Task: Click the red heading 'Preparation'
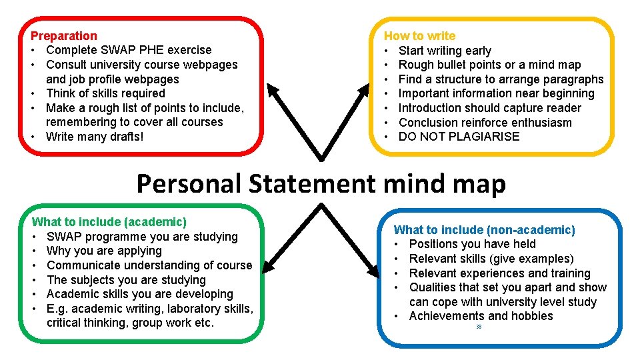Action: point(64,36)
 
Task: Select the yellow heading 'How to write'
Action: point(419,36)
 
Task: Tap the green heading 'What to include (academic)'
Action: point(109,222)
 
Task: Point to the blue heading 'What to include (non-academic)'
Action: point(484,230)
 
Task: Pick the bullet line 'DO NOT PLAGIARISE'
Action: point(459,137)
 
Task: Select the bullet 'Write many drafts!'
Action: point(95,137)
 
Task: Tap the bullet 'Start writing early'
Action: point(445,51)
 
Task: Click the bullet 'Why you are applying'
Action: point(104,251)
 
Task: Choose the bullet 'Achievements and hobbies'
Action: point(481,316)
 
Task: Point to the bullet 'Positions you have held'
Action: point(472,244)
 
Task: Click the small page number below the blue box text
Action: point(479,327)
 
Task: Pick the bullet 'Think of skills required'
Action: point(105,93)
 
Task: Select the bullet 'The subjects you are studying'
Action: point(126,280)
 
